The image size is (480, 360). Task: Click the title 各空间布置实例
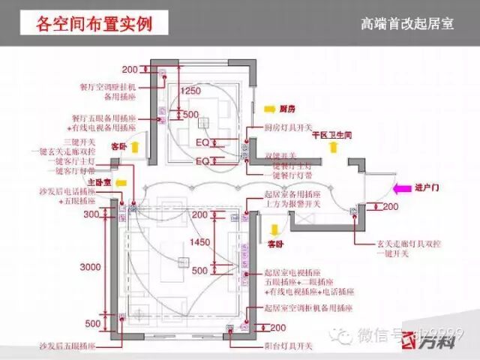(94, 23)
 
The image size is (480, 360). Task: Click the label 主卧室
(100, 182)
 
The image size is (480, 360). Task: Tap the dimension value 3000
(91, 268)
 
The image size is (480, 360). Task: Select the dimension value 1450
(200, 242)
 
